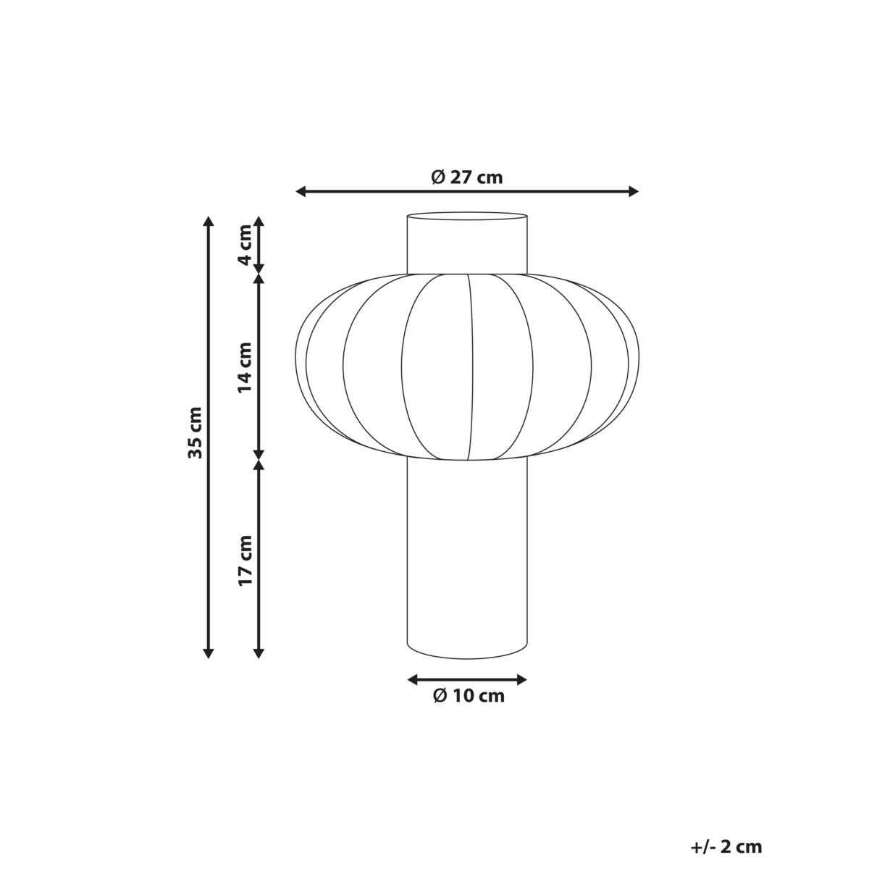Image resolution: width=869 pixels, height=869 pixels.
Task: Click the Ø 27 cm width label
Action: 466,177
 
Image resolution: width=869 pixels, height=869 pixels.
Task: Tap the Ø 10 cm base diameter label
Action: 468,697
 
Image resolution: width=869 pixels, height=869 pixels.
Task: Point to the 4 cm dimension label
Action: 245,244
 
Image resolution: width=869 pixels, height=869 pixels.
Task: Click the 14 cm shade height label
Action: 245,367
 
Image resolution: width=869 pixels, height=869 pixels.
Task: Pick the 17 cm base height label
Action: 245,560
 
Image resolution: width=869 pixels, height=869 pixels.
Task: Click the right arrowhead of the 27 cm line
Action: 634,191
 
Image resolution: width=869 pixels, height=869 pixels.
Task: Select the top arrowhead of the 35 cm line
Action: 209,221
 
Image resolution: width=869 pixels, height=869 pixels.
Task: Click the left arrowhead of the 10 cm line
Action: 413,679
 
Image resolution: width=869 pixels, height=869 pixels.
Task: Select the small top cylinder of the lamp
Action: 467,245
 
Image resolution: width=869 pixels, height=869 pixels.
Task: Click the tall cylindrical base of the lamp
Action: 467,558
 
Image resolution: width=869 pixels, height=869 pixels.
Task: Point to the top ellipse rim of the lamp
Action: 467,214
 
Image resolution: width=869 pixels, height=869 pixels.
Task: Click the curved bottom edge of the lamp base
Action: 467,658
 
